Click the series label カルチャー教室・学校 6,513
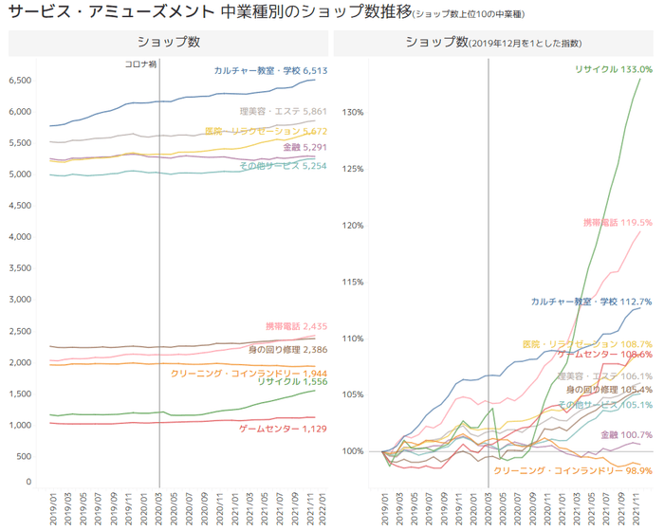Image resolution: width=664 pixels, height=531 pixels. (x=270, y=70)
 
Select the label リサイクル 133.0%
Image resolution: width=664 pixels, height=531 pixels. (x=614, y=69)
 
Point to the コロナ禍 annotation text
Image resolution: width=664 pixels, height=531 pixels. (x=141, y=64)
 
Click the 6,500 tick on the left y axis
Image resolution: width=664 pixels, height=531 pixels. (x=20, y=81)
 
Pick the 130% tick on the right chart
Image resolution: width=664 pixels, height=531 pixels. (x=353, y=113)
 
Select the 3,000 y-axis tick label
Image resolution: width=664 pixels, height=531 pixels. (x=20, y=300)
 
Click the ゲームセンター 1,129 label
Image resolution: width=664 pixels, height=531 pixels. (x=277, y=429)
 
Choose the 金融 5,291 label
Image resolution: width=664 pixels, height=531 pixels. (x=304, y=148)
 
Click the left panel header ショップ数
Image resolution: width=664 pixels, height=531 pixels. (x=168, y=43)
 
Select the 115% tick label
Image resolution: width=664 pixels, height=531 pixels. (x=353, y=282)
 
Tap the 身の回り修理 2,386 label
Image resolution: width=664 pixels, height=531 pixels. (x=288, y=350)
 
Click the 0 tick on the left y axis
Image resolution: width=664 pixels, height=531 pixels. (x=29, y=483)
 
